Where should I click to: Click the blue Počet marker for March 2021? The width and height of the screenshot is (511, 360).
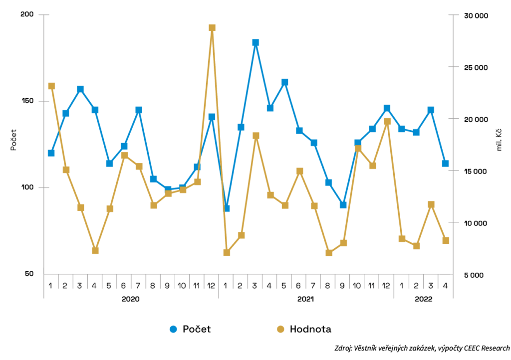coord(255,43)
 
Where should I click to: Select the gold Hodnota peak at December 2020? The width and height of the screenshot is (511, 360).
coord(212,28)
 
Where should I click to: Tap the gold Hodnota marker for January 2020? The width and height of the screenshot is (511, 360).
coord(51,86)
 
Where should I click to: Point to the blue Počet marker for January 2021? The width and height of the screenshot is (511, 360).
coord(227,208)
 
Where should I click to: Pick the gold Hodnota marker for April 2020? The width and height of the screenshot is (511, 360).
coord(95,250)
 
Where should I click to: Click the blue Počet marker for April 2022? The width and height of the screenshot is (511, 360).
coord(445,164)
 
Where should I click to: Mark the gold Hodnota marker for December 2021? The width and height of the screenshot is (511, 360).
coord(387,122)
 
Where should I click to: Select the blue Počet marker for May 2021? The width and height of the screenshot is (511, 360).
coord(284,82)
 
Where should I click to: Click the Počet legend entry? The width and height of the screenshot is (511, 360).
coord(190,329)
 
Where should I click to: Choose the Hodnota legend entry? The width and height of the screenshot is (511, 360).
coord(304,329)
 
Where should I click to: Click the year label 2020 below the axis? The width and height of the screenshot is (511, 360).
coord(131,299)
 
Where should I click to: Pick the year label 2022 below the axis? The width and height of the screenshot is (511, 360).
coord(423,299)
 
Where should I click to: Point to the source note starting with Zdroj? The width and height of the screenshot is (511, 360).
coord(422,348)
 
